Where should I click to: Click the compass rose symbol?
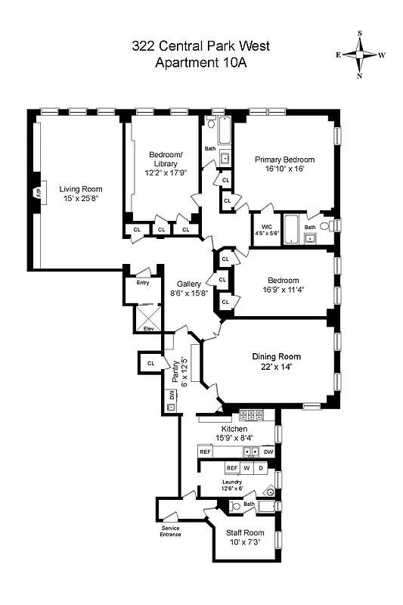pyautogui.click(x=360, y=54)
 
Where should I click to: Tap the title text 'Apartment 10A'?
pyautogui.click(x=201, y=62)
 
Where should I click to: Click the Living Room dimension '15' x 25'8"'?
pyautogui.click(x=81, y=199)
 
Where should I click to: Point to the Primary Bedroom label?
pyautogui.click(x=284, y=160)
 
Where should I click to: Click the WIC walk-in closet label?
pyautogui.click(x=266, y=226)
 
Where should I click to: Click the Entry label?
pyautogui.click(x=143, y=283)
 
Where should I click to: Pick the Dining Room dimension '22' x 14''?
pyautogui.click(x=276, y=366)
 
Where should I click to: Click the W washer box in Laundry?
pyautogui.click(x=246, y=468)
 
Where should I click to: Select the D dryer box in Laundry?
pyautogui.click(x=262, y=468)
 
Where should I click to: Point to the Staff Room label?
pyautogui.click(x=244, y=532)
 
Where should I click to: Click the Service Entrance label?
pyautogui.click(x=170, y=531)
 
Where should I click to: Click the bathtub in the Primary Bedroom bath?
pyautogui.click(x=291, y=226)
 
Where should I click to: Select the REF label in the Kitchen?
pyautogui.click(x=205, y=451)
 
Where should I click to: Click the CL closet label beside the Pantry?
pyautogui.click(x=151, y=363)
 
